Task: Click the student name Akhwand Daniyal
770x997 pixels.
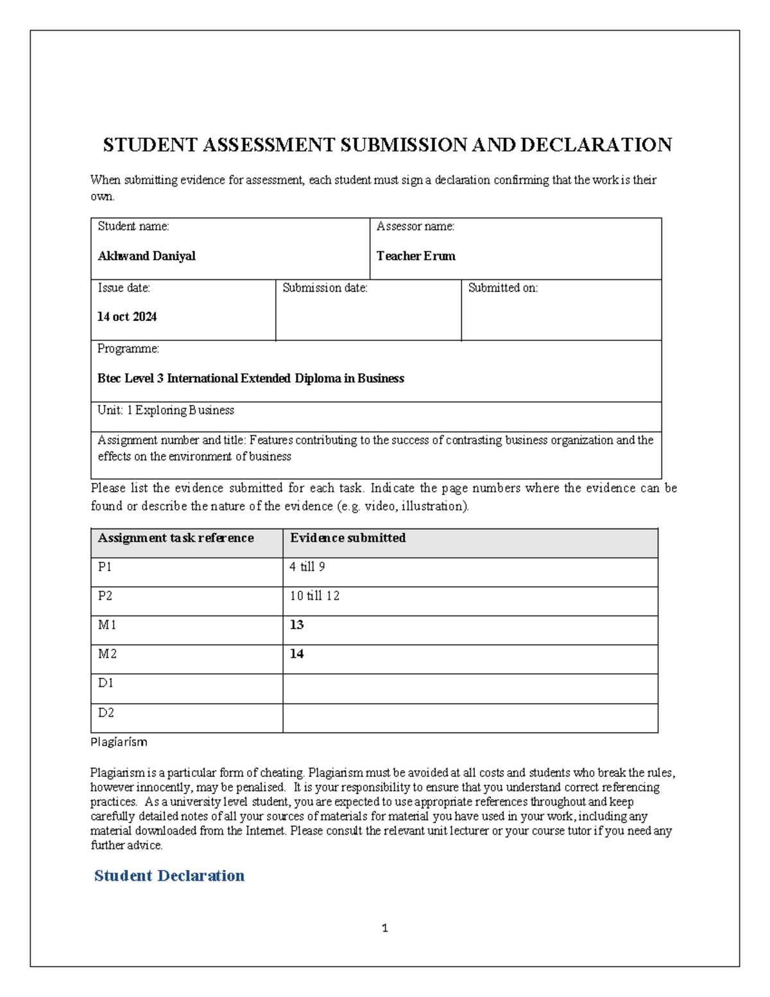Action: click(x=146, y=256)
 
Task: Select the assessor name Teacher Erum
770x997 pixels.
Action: click(x=416, y=256)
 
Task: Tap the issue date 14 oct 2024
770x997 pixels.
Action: click(x=127, y=316)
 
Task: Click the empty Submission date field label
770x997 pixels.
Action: click(x=325, y=288)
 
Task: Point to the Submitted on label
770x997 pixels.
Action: click(x=502, y=288)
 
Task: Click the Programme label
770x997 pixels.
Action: click(x=128, y=349)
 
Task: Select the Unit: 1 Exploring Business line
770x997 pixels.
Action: click(x=166, y=410)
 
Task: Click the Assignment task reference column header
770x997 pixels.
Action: click(x=176, y=538)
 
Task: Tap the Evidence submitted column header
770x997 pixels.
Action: click(x=348, y=538)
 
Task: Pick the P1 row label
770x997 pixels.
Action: click(x=105, y=567)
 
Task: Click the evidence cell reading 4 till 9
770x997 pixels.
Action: click(x=307, y=567)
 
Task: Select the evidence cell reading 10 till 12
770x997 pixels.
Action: click(x=314, y=596)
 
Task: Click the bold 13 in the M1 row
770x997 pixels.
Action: click(x=296, y=625)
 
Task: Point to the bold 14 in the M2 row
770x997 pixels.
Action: click(x=296, y=654)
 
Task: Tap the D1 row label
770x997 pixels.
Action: click(x=105, y=683)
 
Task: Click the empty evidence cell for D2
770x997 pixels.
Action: click(x=470, y=718)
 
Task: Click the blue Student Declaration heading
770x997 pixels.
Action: click(x=169, y=876)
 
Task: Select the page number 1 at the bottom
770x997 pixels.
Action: click(x=384, y=928)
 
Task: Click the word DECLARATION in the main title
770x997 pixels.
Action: click(x=596, y=145)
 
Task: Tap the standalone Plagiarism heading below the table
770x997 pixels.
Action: click(x=119, y=742)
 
